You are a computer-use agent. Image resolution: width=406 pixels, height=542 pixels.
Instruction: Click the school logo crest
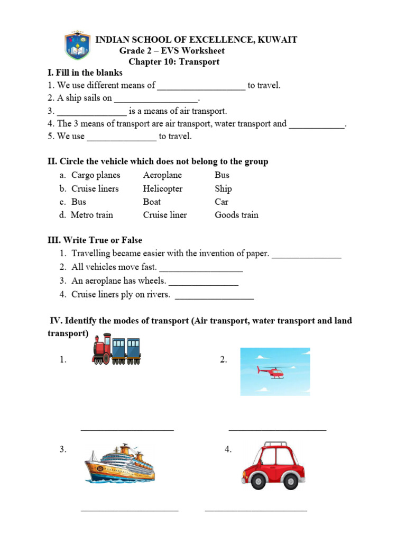click(77, 47)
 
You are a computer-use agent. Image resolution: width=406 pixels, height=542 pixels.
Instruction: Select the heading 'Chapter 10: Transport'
click(174, 62)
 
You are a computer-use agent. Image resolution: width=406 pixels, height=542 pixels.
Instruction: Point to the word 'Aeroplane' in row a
click(162, 175)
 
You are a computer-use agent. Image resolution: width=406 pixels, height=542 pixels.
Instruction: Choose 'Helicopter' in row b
click(163, 189)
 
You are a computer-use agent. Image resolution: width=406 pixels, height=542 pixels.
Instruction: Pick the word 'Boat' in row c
click(152, 202)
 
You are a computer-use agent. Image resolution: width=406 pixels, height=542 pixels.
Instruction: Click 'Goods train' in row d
click(236, 215)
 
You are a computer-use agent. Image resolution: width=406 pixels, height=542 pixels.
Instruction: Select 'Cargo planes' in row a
click(96, 175)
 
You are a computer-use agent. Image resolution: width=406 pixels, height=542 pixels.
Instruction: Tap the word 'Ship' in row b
click(223, 189)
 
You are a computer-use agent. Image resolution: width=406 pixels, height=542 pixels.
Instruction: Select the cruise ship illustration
click(119, 464)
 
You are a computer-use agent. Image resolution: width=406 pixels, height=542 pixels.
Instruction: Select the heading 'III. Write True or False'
click(95, 240)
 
